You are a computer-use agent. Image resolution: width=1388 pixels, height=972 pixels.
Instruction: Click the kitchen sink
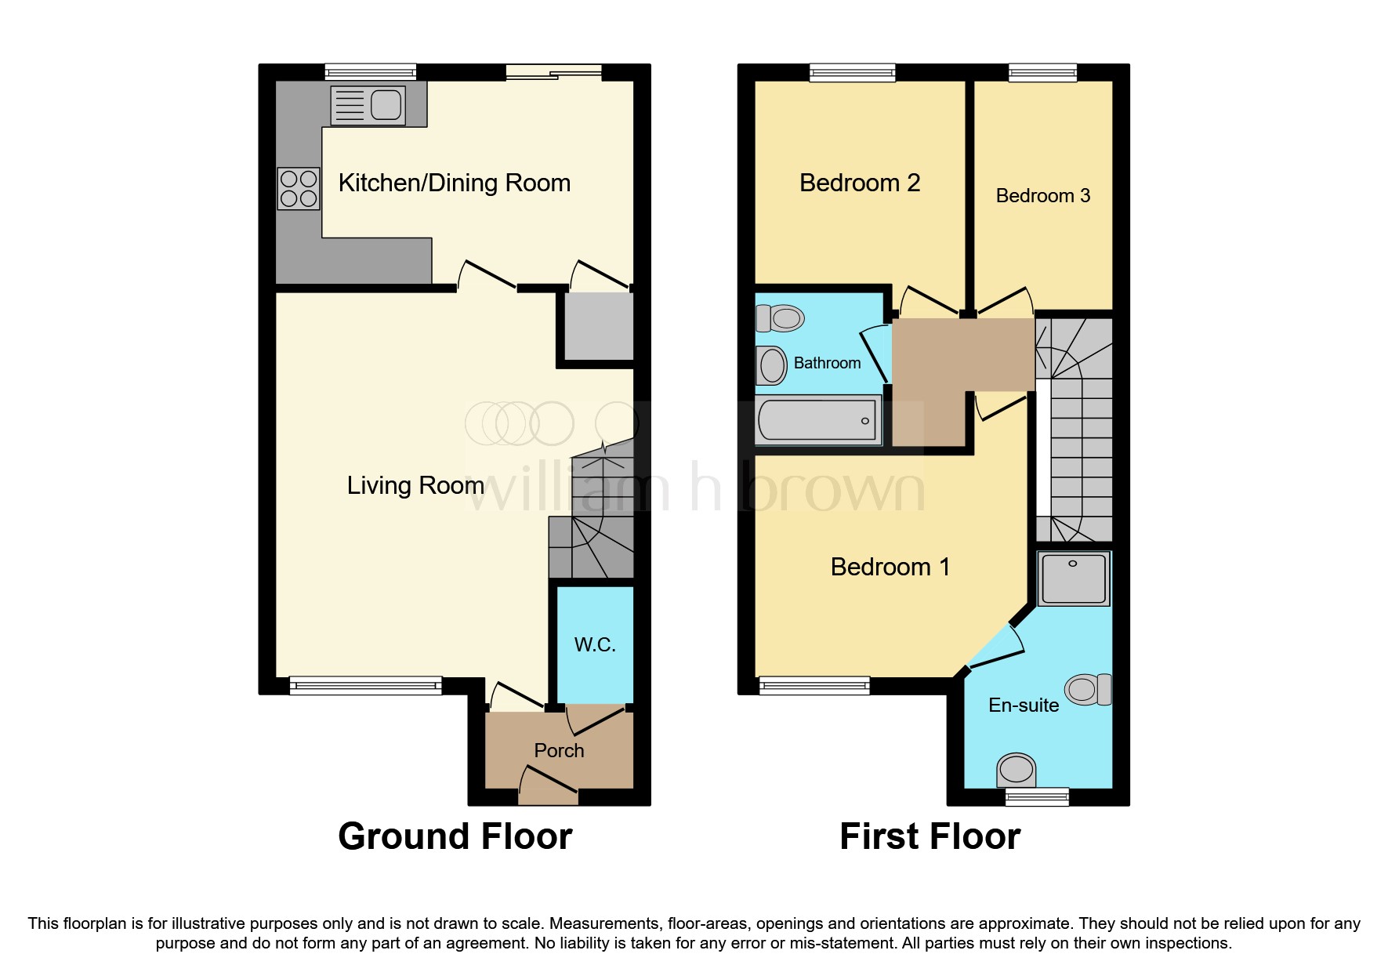tap(368, 105)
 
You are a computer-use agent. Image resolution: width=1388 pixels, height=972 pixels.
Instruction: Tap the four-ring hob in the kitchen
tap(299, 189)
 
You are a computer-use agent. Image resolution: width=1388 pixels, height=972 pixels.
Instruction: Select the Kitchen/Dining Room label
tap(454, 183)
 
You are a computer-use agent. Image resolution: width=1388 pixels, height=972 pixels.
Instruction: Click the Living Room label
tap(415, 485)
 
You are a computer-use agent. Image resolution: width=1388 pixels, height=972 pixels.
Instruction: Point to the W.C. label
tap(595, 644)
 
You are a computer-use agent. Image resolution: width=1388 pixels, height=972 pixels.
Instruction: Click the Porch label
tap(559, 750)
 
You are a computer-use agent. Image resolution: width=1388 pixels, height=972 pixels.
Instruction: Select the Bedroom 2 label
tap(859, 183)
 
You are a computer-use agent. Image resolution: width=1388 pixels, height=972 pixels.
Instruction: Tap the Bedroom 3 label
tap(1042, 195)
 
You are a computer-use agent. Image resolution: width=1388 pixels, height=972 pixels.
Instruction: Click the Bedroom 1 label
tap(890, 567)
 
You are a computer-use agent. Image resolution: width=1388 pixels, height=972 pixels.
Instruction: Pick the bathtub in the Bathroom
tap(817, 420)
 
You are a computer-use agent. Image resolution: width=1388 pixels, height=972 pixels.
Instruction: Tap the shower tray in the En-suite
tap(1073, 578)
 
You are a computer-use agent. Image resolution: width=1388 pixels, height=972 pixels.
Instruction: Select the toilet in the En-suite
tap(1089, 689)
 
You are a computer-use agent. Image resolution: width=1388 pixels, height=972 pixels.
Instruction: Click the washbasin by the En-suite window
tap(1016, 770)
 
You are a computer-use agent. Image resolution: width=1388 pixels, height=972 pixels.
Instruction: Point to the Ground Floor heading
tap(455, 836)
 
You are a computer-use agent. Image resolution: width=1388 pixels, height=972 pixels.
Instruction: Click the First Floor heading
tap(930, 836)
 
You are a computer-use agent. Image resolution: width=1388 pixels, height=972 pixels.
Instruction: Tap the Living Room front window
tap(365, 686)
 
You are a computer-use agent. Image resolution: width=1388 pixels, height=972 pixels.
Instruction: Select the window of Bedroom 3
tap(1042, 73)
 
